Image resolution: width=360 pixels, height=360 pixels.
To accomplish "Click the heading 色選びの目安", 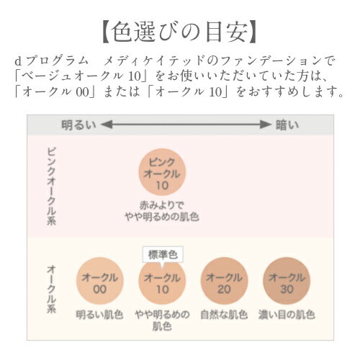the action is point(179,32).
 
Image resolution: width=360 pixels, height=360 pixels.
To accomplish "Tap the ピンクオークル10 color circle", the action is point(162,173).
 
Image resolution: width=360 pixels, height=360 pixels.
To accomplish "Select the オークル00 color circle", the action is point(100,281).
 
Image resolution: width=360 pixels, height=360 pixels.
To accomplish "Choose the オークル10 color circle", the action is point(162,281).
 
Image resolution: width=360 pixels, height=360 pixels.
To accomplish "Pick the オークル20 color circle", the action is point(224,281).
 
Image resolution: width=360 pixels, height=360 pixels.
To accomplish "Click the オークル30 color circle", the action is point(287,281).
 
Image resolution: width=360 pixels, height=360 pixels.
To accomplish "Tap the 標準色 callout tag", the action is point(163,254).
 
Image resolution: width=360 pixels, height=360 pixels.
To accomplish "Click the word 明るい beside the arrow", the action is point(78,125).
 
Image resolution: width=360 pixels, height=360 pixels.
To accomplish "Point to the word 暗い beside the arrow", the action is point(287,125).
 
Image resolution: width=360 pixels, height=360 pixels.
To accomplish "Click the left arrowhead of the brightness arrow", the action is point(107,125).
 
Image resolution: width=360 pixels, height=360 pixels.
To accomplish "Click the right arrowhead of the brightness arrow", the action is point(266,125).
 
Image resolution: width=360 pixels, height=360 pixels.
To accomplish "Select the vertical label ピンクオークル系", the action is point(51,186).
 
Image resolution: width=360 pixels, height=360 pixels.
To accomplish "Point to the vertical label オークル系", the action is point(51,289).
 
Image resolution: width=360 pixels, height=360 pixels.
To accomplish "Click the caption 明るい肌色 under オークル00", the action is point(99,315).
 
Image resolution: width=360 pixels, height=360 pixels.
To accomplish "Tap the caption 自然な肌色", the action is point(224,315).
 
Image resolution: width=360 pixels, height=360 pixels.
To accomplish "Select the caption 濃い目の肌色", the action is point(287,315).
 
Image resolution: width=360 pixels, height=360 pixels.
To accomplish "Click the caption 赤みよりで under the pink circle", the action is point(162,206).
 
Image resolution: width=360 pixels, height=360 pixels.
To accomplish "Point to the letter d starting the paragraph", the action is point(18,61).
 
